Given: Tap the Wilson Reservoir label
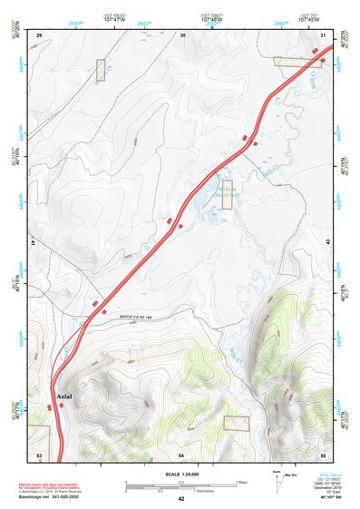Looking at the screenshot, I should [x=226, y=193].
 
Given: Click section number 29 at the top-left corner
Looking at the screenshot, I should [x=39, y=34].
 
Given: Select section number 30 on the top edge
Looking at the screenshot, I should [x=183, y=34].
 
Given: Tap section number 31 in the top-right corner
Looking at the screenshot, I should [x=324, y=34].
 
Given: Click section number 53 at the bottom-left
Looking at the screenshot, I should [x=39, y=453].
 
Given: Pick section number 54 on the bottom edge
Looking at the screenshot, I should [x=181, y=453].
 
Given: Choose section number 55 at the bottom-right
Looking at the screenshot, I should [x=324, y=453].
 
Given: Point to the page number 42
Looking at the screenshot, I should [x=181, y=499].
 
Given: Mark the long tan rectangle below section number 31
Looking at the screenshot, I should [x=297, y=62].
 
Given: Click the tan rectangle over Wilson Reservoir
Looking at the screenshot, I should [x=226, y=192].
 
